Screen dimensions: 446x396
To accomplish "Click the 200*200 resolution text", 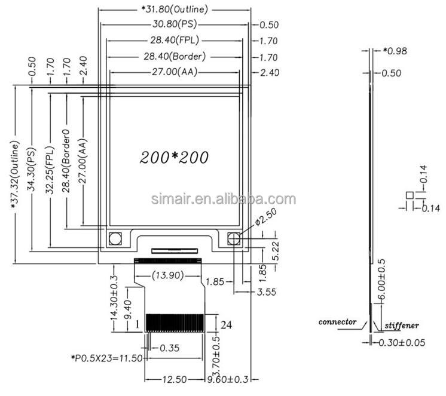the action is (x=174, y=157).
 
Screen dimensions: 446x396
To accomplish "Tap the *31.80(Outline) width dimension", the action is (x=175, y=10).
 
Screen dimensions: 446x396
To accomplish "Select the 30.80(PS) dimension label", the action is (x=175, y=24).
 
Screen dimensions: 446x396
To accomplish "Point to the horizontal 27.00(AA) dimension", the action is (x=175, y=72).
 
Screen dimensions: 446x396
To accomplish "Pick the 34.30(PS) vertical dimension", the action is (x=31, y=169).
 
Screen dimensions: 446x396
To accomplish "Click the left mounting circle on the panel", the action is (x=115, y=239).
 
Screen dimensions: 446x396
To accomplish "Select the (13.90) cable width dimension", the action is (x=168, y=275).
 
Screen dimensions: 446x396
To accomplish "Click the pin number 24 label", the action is (x=226, y=325).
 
